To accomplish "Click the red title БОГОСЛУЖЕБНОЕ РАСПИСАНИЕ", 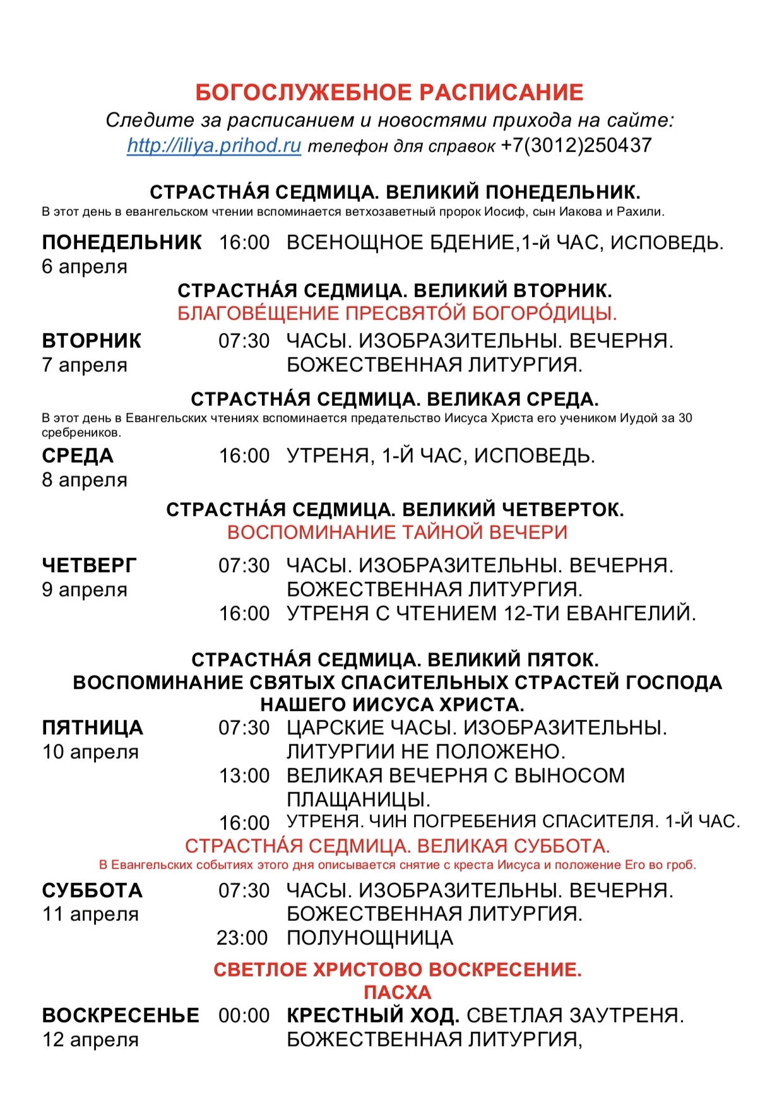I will (x=389, y=93).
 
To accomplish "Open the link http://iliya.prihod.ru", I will (x=214, y=146).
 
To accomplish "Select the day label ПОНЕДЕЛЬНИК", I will (x=122, y=242).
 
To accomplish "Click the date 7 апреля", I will (x=85, y=365).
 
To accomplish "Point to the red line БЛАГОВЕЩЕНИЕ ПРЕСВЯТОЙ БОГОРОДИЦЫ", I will (x=397, y=313).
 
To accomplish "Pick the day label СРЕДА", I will (x=78, y=456).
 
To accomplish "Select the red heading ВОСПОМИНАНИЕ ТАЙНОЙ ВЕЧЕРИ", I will (x=397, y=532).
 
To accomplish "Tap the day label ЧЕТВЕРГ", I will (x=89, y=565).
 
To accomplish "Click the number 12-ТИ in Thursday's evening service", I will (x=531, y=613).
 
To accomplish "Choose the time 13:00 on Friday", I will (x=244, y=776).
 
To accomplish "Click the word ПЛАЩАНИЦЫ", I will (x=358, y=800).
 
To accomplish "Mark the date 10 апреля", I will (x=90, y=752).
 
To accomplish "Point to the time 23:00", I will (x=242, y=938).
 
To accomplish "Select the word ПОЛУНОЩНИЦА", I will (x=370, y=938).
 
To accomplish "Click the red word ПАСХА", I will (x=397, y=992).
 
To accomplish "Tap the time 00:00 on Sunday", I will (x=244, y=1015).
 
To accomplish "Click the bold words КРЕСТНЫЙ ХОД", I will (x=372, y=1015).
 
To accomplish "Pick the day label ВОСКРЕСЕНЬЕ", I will (x=121, y=1015).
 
